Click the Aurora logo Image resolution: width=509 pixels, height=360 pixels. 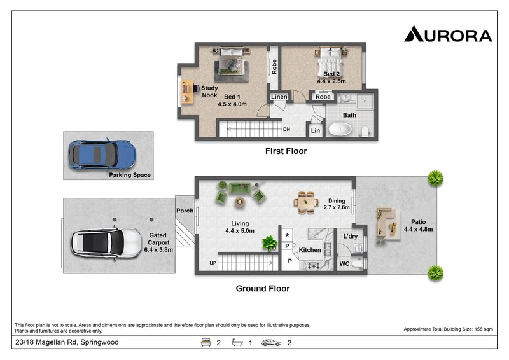point(448,34)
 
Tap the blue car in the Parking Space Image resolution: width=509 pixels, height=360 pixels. point(102,155)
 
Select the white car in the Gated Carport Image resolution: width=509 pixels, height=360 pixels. point(106,244)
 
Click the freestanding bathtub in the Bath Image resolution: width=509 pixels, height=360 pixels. point(340,129)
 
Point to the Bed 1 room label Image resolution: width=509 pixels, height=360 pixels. point(232,97)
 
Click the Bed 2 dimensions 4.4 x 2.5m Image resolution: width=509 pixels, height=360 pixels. point(331,81)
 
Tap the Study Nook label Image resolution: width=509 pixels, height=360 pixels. point(209,92)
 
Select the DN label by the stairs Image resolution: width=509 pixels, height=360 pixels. point(286,129)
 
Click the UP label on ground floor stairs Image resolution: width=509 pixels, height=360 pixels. point(213,263)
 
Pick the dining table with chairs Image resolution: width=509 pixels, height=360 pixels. point(306,202)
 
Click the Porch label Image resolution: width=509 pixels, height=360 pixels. point(185,211)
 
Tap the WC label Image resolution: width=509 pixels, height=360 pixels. point(344,263)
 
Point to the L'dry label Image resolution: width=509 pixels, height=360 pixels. point(351,236)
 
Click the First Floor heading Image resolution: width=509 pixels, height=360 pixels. point(286,151)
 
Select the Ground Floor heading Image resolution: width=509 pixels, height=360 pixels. point(263,289)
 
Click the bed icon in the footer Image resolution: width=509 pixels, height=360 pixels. point(206,342)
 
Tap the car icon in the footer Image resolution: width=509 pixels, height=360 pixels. point(271,342)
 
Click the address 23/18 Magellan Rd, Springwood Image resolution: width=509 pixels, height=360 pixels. point(67,342)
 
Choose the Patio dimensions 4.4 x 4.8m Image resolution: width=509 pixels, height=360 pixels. point(418,229)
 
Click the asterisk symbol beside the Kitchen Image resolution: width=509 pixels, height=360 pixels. point(287,235)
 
